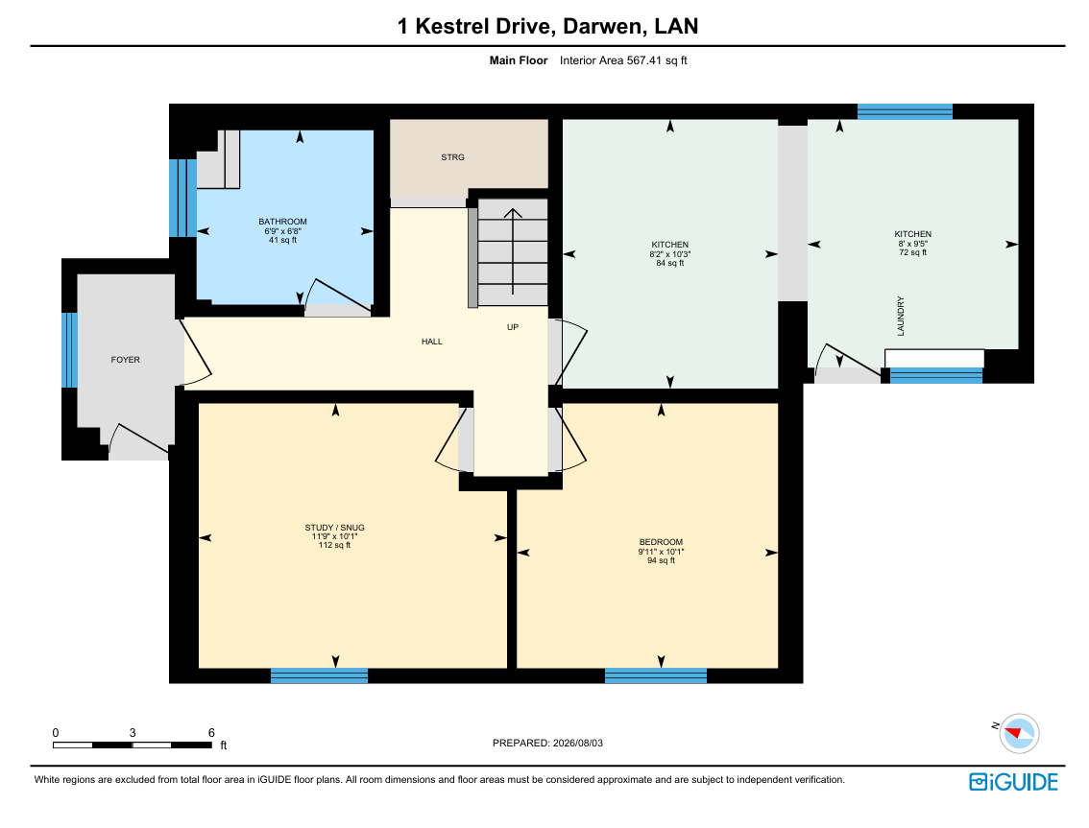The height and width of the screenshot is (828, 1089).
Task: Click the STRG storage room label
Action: [452, 157]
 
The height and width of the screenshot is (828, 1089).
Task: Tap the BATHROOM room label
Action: [282, 222]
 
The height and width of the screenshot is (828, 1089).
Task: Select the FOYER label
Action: [126, 360]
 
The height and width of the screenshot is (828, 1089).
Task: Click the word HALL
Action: [432, 342]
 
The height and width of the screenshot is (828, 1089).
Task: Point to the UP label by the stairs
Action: [513, 327]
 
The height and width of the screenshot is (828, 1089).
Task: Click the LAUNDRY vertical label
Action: [901, 317]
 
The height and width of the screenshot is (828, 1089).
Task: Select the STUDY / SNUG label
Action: [335, 528]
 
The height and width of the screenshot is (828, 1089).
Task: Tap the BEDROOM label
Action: [661, 542]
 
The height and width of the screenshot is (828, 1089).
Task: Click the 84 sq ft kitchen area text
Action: [670, 263]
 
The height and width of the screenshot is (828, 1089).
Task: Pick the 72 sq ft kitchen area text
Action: [913, 252]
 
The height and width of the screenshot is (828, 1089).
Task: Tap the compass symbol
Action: [1019, 733]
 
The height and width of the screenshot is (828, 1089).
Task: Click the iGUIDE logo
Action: [1013, 782]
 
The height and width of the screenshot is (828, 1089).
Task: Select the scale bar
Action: [133, 745]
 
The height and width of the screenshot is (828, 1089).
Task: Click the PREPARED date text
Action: [547, 743]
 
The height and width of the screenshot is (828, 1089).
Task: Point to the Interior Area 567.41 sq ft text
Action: [623, 60]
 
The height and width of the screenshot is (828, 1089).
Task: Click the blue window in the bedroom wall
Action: [656, 675]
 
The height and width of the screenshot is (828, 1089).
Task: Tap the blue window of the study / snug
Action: [319, 675]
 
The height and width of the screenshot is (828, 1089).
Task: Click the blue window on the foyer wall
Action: [69, 350]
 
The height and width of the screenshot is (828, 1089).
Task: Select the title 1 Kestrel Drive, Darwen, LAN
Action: [547, 26]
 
